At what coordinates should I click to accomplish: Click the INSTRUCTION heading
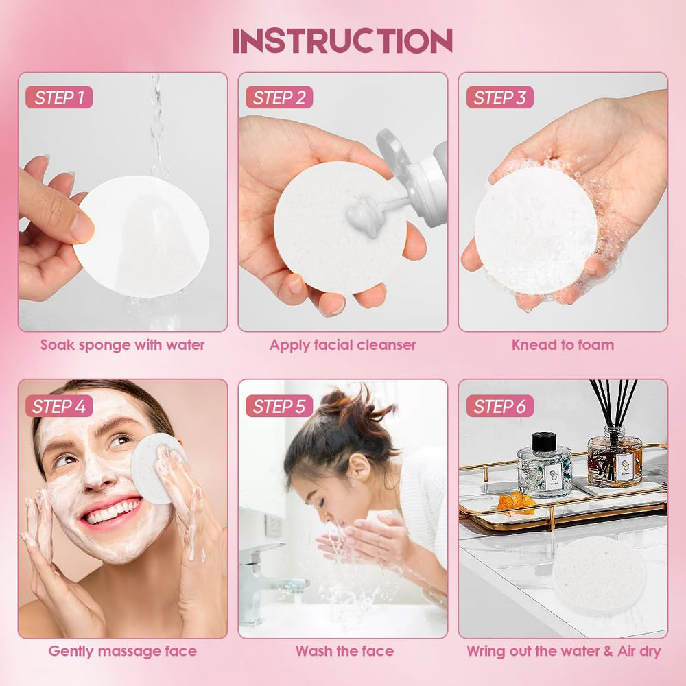(x=342, y=41)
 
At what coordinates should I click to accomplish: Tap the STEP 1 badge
(x=59, y=97)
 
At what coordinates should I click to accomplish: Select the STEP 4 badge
(x=59, y=406)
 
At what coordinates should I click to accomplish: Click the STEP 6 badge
(x=499, y=406)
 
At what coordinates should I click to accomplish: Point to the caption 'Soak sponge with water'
(x=122, y=345)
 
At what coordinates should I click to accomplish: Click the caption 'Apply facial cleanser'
(x=342, y=345)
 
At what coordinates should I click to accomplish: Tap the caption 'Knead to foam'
(x=563, y=345)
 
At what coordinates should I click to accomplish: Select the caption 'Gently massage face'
(x=122, y=651)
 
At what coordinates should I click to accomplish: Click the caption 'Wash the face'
(x=344, y=651)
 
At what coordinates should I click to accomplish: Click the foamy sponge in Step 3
(x=535, y=230)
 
